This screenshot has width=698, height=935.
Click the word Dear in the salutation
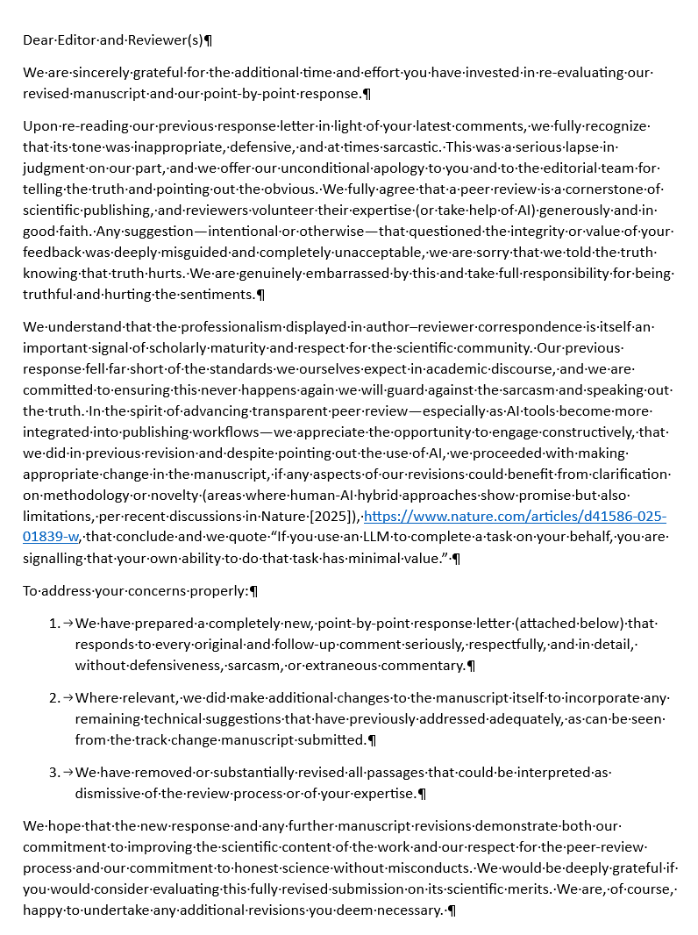point(38,40)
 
